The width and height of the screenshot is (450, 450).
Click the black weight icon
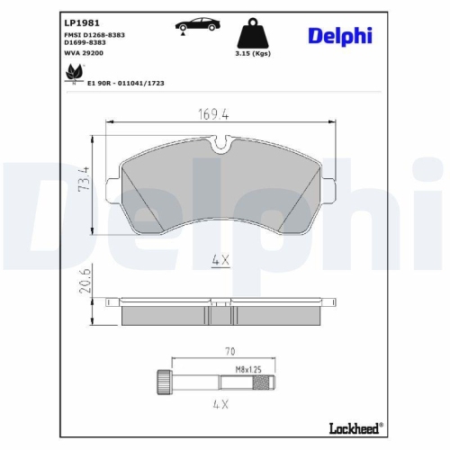tap(250, 36)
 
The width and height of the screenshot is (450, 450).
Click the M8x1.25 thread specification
tap(248, 369)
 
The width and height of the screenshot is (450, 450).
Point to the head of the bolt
tap(164, 382)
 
